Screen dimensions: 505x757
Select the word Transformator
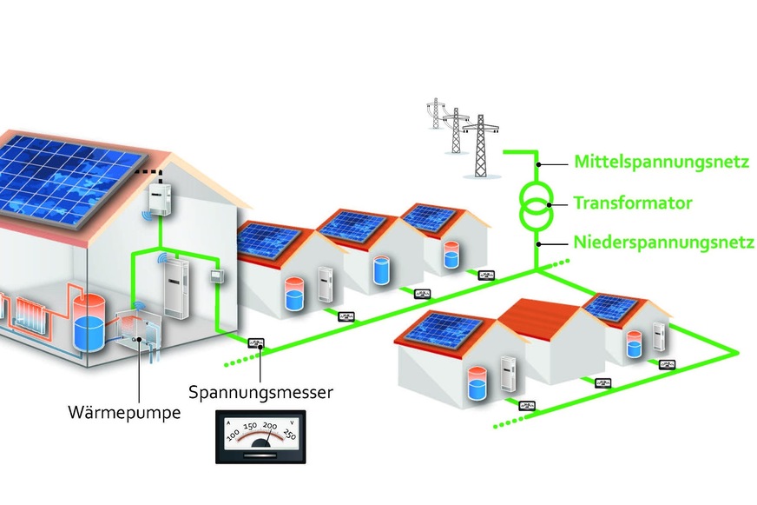tap(632, 203)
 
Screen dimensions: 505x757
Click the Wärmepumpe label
tap(124, 411)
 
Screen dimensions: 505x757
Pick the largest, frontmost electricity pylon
tap(479, 143)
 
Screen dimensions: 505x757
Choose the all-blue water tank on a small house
tap(379, 270)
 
